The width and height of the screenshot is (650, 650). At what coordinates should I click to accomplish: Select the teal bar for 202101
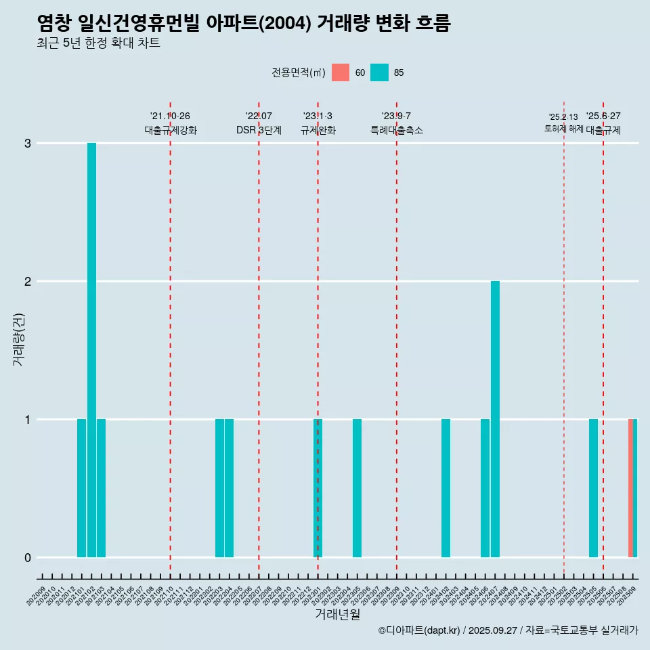(x=81, y=488)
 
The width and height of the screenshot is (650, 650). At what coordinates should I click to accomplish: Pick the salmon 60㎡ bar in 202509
(x=630, y=488)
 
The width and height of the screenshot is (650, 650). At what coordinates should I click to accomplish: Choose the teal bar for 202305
(x=357, y=488)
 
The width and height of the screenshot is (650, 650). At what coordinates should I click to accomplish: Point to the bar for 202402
(x=446, y=488)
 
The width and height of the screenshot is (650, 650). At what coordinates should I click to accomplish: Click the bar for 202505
(x=593, y=488)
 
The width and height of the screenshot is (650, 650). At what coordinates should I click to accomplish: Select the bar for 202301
(x=318, y=488)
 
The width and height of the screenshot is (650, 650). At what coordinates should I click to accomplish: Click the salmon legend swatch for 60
(x=341, y=72)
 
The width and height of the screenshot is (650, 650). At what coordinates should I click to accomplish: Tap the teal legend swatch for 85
(x=380, y=72)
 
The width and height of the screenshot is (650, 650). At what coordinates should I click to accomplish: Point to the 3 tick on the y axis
(x=28, y=144)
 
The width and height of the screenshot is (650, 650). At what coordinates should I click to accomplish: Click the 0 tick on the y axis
(x=28, y=557)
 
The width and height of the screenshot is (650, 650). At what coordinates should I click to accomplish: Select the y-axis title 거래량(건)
(x=18, y=339)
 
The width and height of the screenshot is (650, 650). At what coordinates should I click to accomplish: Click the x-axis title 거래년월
(x=337, y=615)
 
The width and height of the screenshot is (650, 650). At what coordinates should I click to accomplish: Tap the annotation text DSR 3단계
(x=259, y=130)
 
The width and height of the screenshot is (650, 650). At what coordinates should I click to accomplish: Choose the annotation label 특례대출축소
(x=396, y=130)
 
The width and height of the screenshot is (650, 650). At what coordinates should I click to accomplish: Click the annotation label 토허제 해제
(x=563, y=128)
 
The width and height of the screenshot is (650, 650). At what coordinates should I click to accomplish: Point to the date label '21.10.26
(x=170, y=116)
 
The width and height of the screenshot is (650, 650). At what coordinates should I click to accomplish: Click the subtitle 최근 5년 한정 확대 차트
(x=99, y=44)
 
